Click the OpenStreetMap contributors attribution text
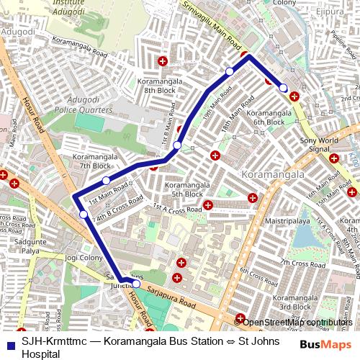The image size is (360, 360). click(x=298, y=322)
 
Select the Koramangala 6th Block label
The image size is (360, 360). click(x=266, y=117)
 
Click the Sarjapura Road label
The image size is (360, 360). click(x=174, y=294)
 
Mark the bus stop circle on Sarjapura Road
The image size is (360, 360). click(x=136, y=284)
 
